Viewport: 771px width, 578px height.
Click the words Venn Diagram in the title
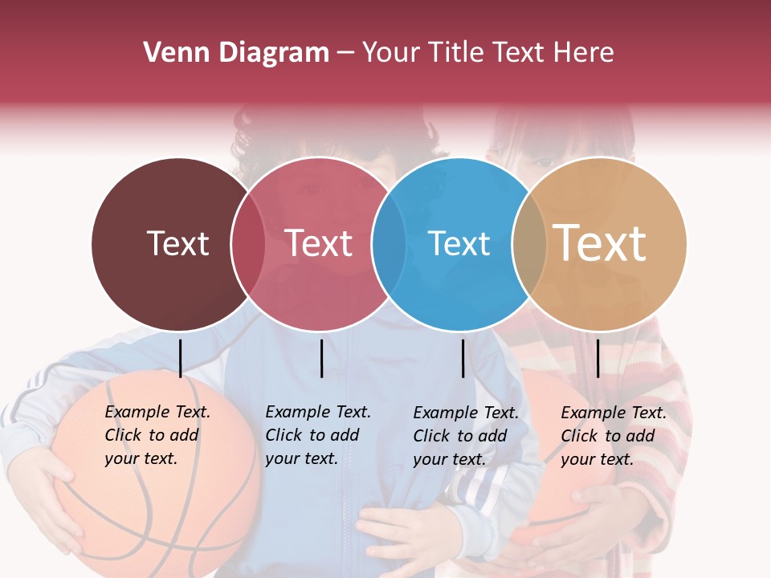click(x=236, y=53)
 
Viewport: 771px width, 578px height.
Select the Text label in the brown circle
click(x=177, y=243)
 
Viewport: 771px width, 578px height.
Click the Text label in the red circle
click(x=319, y=243)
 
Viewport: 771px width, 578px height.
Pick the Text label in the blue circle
click(x=459, y=243)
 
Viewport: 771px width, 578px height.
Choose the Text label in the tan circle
click(x=600, y=243)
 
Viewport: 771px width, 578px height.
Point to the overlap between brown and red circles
click(x=247, y=244)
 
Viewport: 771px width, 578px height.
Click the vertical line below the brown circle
click(x=181, y=358)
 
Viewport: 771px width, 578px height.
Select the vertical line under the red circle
click(x=321, y=358)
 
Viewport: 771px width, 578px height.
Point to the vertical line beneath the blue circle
click(x=463, y=358)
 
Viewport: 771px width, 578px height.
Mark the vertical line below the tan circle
click(x=598, y=358)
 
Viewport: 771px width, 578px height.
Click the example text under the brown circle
click(x=157, y=435)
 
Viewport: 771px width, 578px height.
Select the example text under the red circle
click(x=318, y=435)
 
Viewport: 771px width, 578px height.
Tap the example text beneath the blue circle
click(x=466, y=436)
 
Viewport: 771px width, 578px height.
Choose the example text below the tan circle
click(x=614, y=436)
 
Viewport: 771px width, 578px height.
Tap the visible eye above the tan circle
click(x=545, y=161)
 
